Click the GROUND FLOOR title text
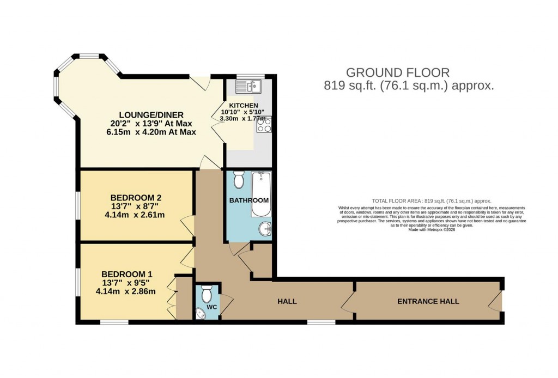[x=398, y=72]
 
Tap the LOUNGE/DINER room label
[x=152, y=115]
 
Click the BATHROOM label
[x=249, y=200]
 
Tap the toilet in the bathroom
[x=239, y=180]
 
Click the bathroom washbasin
[x=265, y=230]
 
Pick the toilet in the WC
[x=207, y=295]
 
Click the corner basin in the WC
[x=200, y=312]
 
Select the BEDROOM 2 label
[x=136, y=197]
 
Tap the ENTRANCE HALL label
[x=428, y=301]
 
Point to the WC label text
[x=213, y=308]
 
